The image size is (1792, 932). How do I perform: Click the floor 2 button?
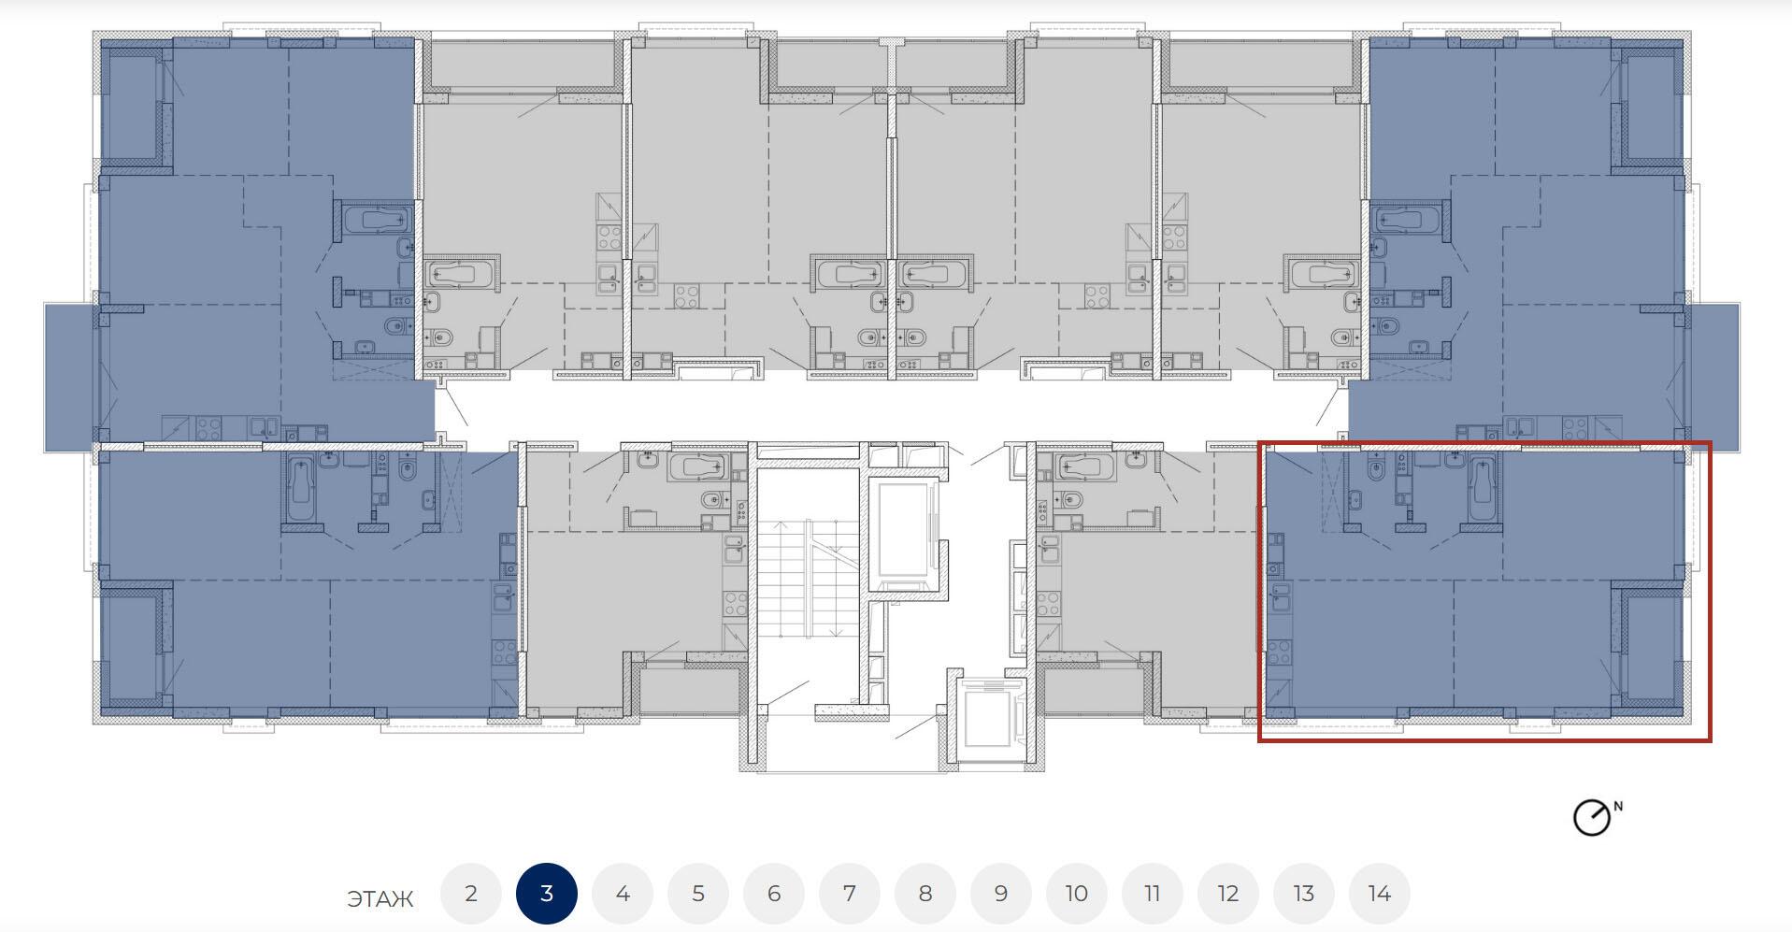point(471,894)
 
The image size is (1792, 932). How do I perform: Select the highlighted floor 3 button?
point(547,894)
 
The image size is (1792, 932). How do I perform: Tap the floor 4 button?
point(623,894)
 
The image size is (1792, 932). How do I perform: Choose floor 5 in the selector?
point(698,894)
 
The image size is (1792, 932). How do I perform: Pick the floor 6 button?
point(774,894)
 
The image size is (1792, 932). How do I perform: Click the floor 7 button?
point(850,894)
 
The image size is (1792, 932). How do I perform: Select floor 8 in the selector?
point(925,894)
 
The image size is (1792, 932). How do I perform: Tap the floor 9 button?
point(1001,894)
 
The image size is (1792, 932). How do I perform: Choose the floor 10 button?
point(1077,894)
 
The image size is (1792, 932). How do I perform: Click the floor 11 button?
point(1153,894)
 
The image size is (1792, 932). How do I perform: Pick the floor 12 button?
point(1228,894)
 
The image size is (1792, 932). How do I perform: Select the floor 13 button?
point(1304,894)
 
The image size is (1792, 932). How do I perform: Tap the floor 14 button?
point(1380,894)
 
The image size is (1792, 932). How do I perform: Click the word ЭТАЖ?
point(380,899)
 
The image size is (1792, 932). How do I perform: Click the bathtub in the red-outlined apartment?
point(1482,488)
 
